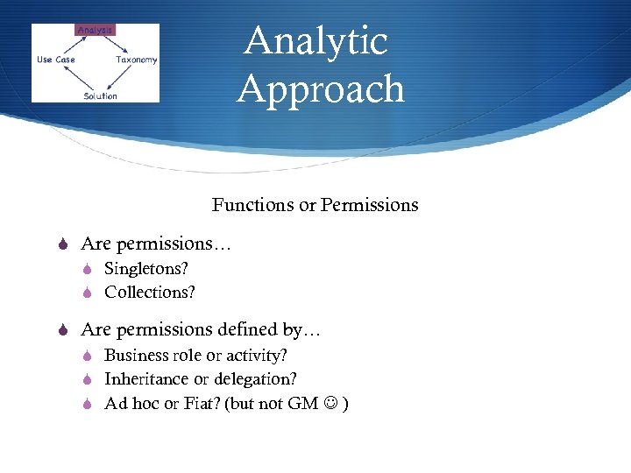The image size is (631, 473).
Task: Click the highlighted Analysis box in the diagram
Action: pyautogui.click(x=95, y=31)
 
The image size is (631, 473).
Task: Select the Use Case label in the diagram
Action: pyautogui.click(x=55, y=60)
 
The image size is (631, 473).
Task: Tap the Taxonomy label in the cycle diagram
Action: pyautogui.click(x=136, y=60)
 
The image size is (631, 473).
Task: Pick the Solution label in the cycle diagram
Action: pyautogui.click(x=100, y=95)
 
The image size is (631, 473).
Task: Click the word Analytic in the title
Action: pyautogui.click(x=315, y=41)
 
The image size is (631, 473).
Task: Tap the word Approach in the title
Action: pyautogui.click(x=321, y=88)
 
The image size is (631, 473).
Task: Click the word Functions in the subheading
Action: pyautogui.click(x=252, y=205)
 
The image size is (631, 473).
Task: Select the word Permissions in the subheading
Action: pyautogui.click(x=369, y=205)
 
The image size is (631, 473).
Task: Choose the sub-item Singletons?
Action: pyautogui.click(x=146, y=269)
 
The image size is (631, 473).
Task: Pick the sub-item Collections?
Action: pyautogui.click(x=150, y=292)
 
